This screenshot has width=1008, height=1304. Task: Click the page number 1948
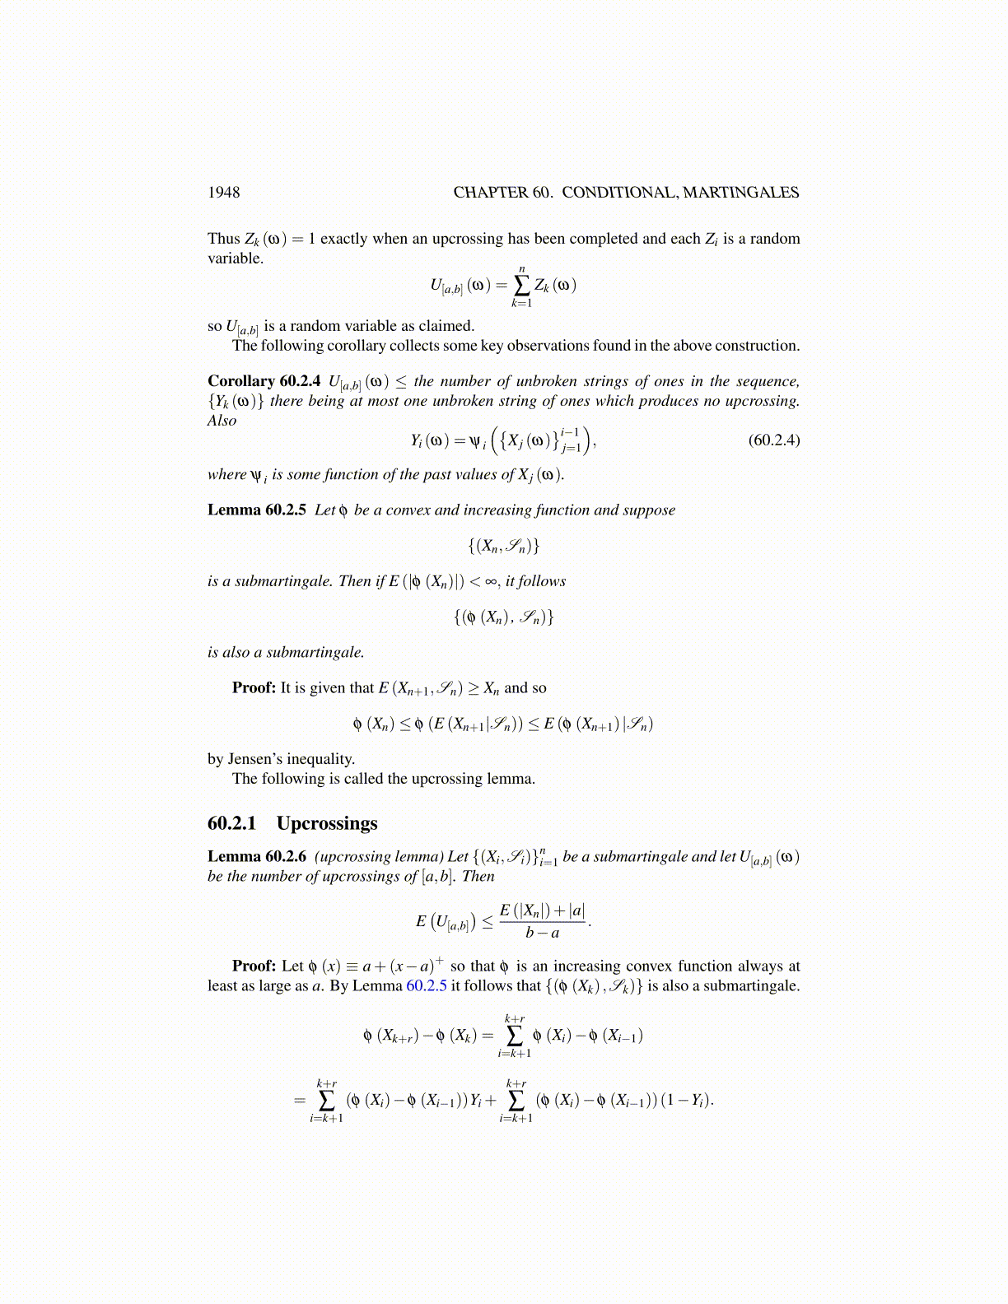click(x=223, y=193)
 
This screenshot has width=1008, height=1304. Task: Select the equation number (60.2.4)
click(x=773, y=440)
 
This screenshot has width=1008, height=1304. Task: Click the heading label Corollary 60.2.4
click(x=264, y=381)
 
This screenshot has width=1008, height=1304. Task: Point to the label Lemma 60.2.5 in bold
click(x=257, y=510)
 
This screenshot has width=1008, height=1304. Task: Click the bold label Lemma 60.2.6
click(x=257, y=857)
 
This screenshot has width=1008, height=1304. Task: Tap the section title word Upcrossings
click(x=327, y=823)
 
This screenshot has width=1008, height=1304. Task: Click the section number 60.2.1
click(x=232, y=823)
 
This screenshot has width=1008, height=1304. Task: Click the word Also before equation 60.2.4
click(x=222, y=421)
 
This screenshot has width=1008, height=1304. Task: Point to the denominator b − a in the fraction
click(x=543, y=933)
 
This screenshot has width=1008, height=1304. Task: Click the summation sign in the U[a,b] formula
click(x=521, y=285)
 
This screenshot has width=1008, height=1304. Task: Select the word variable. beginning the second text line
click(x=236, y=258)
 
